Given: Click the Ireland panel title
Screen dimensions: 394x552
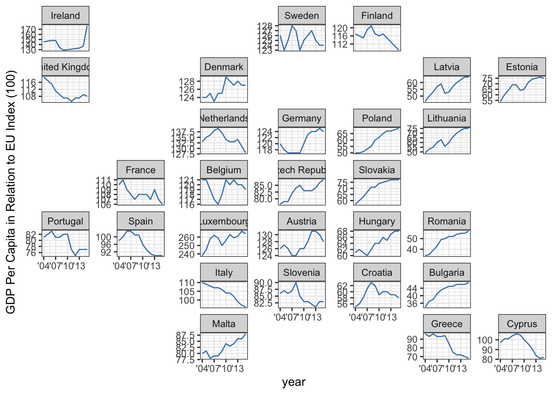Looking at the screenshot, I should point(65,16).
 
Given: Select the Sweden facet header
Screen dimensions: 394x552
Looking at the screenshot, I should point(301,16).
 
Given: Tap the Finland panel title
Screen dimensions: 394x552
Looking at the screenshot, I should point(377,16).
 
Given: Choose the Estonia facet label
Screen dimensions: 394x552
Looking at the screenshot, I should point(522,67).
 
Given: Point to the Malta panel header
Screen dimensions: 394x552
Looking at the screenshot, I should point(224,324).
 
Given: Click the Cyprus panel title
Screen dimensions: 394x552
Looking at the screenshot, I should point(522,324).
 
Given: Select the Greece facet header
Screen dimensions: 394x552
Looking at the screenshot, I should point(446,324).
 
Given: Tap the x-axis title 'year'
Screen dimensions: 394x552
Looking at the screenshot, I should point(294,382).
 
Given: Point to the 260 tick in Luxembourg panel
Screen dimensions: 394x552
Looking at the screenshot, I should point(186,238).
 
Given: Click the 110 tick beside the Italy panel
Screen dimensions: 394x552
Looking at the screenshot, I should point(186,283).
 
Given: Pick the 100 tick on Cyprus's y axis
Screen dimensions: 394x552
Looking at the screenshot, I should point(485,340).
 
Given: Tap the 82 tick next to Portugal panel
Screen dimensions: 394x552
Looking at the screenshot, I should point(31,234).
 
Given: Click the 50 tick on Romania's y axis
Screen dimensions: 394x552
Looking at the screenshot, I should point(412,239).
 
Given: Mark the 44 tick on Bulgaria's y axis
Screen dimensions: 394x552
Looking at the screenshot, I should point(412,289).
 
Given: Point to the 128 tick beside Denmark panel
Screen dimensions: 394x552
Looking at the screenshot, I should point(186,81).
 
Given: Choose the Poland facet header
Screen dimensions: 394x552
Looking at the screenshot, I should point(377,118).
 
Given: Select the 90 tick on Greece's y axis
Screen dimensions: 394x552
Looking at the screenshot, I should point(412,339).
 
